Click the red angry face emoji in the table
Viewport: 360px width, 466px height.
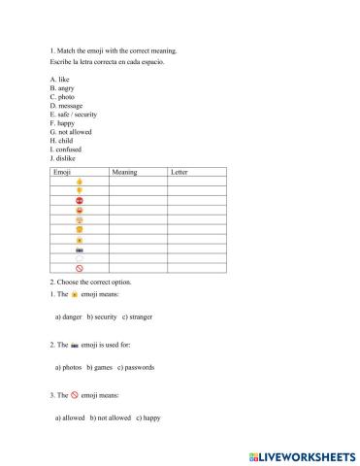[x=79, y=200]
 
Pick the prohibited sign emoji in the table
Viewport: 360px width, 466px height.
[x=79, y=268]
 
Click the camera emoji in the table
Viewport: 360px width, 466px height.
[x=79, y=249]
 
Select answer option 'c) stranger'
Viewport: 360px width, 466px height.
[x=137, y=316]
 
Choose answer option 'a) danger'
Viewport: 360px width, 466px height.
[x=69, y=316]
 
